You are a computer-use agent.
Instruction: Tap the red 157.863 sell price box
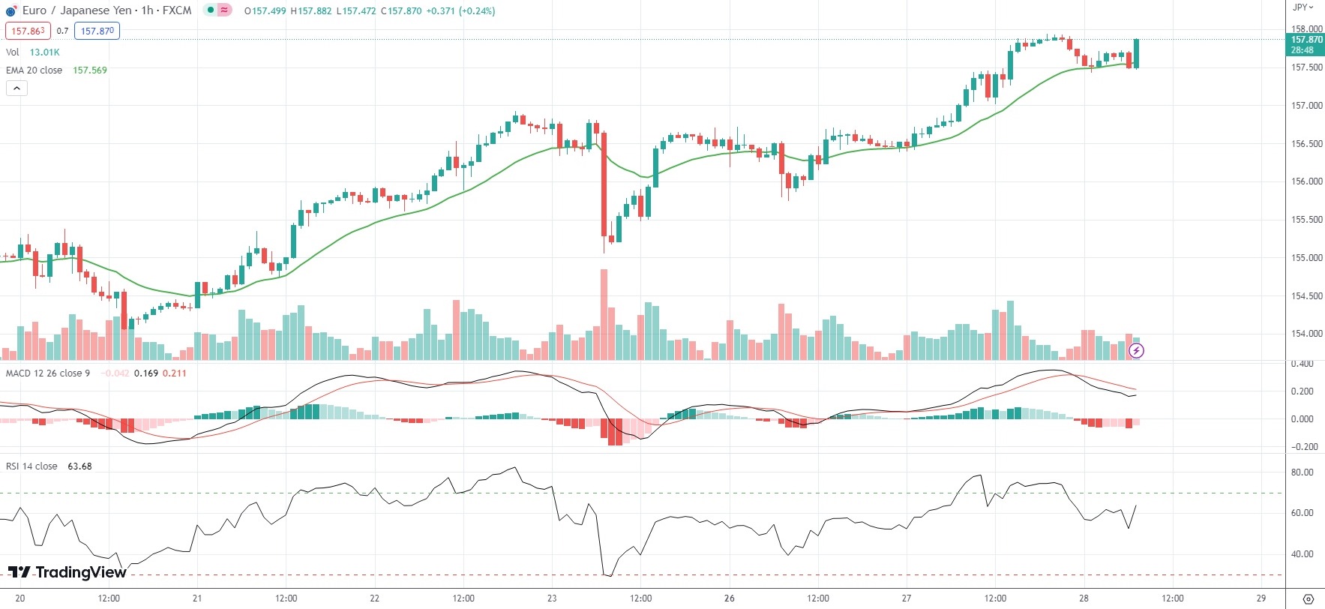pyautogui.click(x=28, y=31)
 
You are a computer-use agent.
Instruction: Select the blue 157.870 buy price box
pyautogui.click(x=97, y=31)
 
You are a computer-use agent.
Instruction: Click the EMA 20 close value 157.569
pyautogui.click(x=89, y=70)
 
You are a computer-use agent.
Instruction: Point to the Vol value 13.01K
pyautogui.click(x=44, y=52)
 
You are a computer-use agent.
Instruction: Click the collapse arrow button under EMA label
pyautogui.click(x=16, y=88)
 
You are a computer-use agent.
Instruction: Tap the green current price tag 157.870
pyautogui.click(x=1306, y=44)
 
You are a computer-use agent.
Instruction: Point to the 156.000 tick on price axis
pyautogui.click(x=1306, y=181)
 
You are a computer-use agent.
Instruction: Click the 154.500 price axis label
pyautogui.click(x=1306, y=296)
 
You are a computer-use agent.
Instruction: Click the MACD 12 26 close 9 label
pyautogui.click(x=48, y=373)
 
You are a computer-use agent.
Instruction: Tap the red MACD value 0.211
pyautogui.click(x=174, y=373)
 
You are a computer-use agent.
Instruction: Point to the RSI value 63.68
pyautogui.click(x=79, y=466)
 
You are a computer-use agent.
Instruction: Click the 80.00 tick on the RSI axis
pyautogui.click(x=1302, y=472)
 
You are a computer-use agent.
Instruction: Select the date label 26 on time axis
pyautogui.click(x=730, y=598)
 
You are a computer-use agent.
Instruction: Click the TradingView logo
pyautogui.click(x=67, y=573)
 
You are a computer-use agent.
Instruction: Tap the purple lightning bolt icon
pyautogui.click(x=1136, y=350)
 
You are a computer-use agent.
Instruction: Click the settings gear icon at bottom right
pyautogui.click(x=1308, y=598)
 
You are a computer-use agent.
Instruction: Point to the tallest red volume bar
pyautogui.click(x=604, y=315)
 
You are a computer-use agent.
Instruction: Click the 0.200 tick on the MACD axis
pyautogui.click(x=1303, y=391)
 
